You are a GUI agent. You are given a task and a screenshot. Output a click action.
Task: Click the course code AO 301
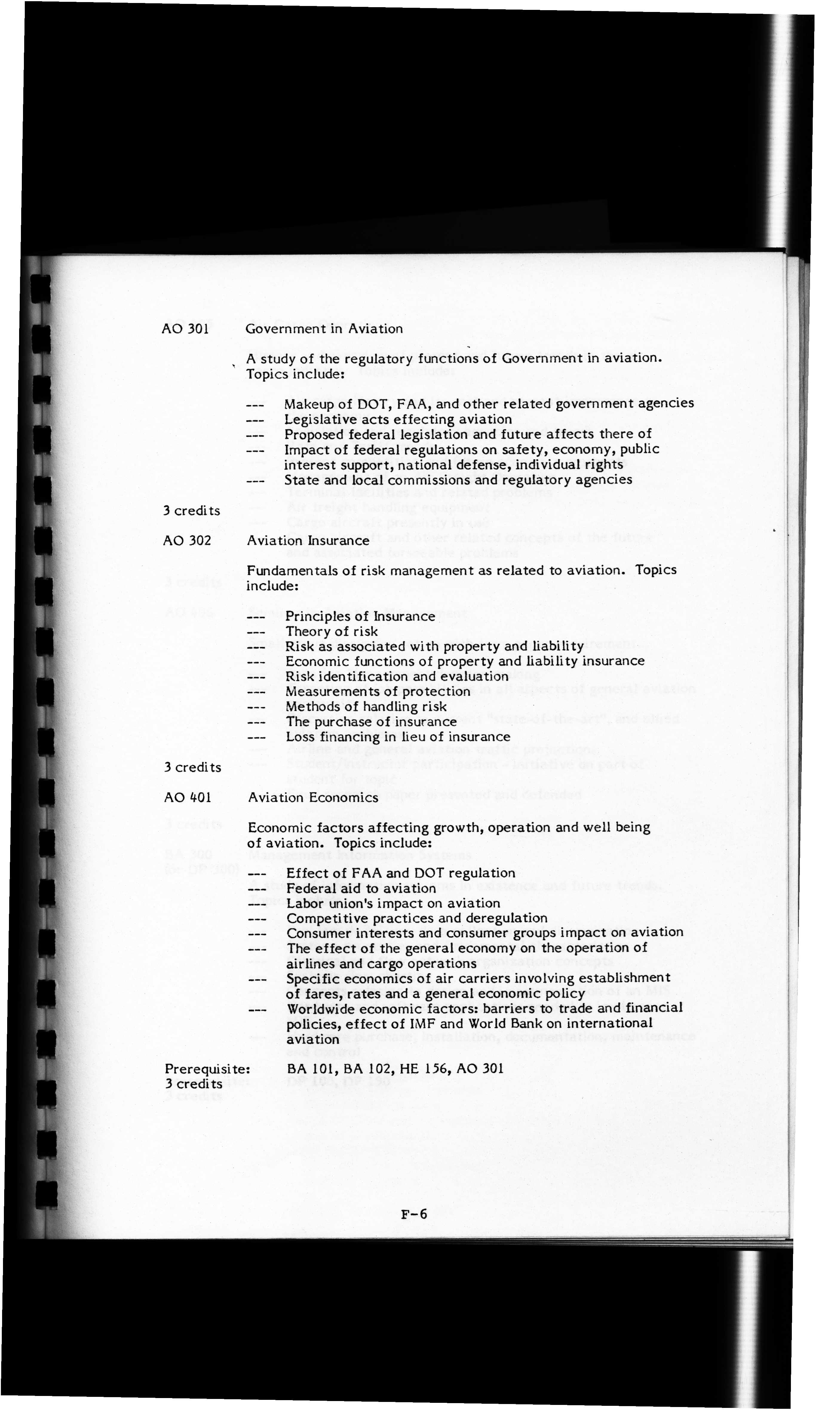(185, 328)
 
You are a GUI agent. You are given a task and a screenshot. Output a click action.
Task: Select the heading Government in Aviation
(324, 328)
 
